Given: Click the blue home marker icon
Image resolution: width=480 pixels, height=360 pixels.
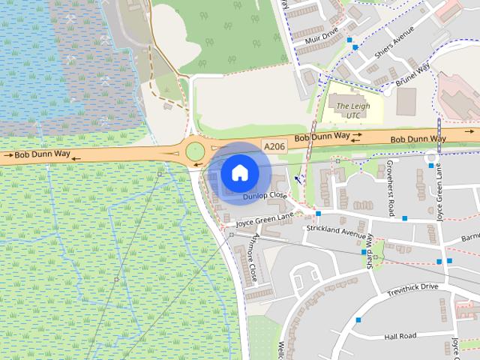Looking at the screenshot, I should (239, 172).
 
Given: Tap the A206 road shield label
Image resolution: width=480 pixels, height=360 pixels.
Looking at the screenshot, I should (274, 147).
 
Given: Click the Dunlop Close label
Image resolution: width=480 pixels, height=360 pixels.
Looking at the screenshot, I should (265, 196).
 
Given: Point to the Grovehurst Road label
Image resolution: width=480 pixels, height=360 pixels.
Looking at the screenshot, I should (391, 189).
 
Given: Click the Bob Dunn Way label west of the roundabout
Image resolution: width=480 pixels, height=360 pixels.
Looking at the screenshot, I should (41, 154).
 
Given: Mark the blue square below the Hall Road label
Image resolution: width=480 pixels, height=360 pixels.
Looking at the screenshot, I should (359, 320).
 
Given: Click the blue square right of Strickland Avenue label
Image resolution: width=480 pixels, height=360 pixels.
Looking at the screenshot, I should (405, 218).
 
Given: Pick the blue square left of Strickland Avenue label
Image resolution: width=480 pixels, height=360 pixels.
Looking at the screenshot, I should (319, 214).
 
